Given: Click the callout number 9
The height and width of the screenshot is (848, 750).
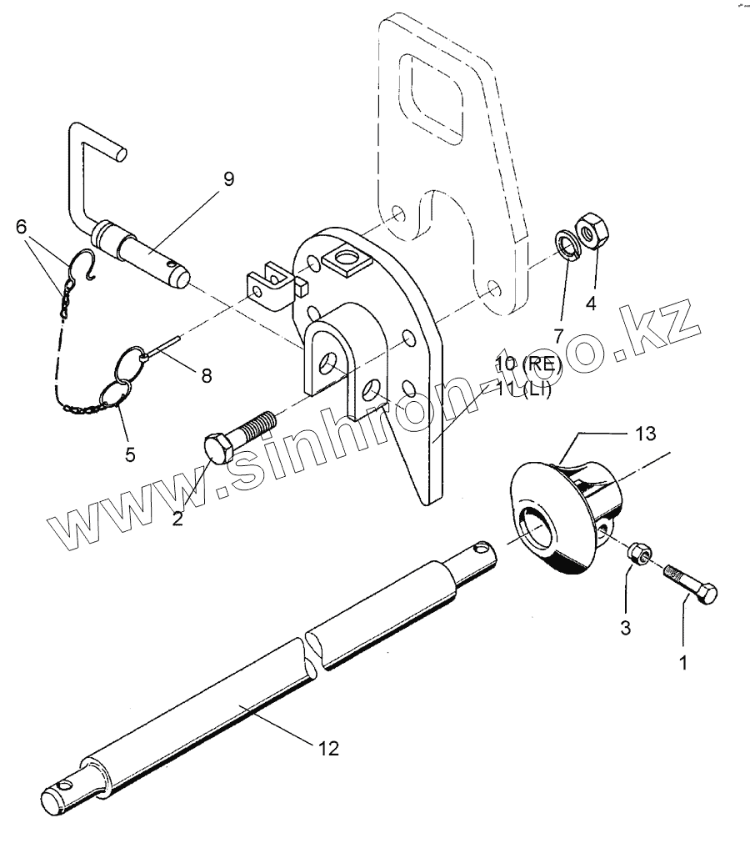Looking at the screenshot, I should click(x=228, y=178).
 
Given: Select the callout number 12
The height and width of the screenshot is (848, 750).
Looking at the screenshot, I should click(x=328, y=748).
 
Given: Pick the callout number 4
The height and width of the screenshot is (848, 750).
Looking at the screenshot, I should click(x=591, y=303).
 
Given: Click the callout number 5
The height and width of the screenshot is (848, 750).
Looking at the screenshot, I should click(x=130, y=455).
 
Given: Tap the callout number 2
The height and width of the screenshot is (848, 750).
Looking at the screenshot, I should click(x=177, y=518).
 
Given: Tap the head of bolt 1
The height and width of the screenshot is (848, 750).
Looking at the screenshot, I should click(x=707, y=595).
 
